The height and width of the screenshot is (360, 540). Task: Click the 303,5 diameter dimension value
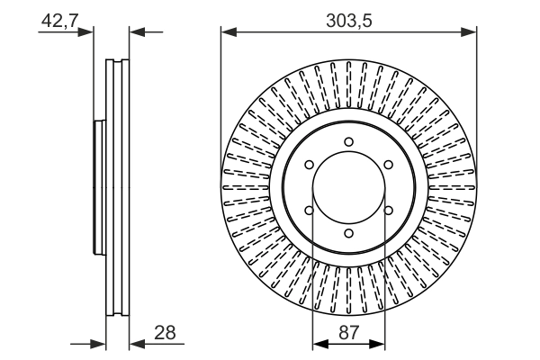point(348,20)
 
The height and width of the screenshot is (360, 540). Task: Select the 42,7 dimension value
point(58,20)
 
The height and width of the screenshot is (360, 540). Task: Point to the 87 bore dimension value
point(348,333)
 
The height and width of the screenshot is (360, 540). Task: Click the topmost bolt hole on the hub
point(348,141)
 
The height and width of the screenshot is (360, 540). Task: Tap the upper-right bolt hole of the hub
point(388,165)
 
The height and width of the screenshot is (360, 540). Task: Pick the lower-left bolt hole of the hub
point(309,211)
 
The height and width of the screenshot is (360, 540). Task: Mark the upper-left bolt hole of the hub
point(309,165)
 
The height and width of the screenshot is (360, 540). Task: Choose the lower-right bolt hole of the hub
point(388,211)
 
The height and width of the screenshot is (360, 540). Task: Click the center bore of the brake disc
point(348,187)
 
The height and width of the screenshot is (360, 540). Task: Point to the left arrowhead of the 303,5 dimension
point(228,34)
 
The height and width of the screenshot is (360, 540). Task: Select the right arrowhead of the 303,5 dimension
point(470,34)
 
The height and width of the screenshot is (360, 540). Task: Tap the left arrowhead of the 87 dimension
point(318,344)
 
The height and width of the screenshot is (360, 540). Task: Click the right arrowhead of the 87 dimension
point(380,344)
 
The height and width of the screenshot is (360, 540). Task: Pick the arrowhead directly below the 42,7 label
point(87,34)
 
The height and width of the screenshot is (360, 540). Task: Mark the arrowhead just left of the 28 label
point(137,344)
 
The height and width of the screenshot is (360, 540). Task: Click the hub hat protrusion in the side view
point(99,187)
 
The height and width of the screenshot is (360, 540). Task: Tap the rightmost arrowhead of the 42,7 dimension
point(137,34)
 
